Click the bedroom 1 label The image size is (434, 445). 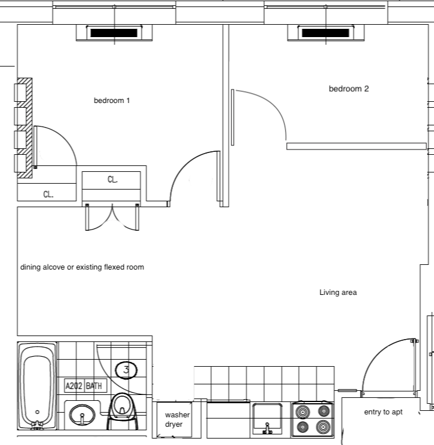click(111, 101)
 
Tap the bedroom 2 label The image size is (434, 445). click(349, 89)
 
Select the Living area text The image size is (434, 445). click(338, 292)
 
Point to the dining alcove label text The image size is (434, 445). click(82, 267)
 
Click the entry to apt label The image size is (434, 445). click(383, 412)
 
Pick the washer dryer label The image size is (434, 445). click(177, 419)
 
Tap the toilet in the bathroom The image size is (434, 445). click(122, 407)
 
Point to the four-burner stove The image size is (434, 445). click(313, 419)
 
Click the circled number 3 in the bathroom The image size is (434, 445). click(126, 370)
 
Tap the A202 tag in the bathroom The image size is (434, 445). click(74, 387)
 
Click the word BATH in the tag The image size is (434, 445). click(94, 387)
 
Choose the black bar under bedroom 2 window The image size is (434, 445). click(325, 33)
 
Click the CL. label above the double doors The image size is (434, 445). click(112, 180)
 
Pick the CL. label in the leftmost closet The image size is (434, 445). click(48, 194)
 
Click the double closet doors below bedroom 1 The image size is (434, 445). click(112, 218)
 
